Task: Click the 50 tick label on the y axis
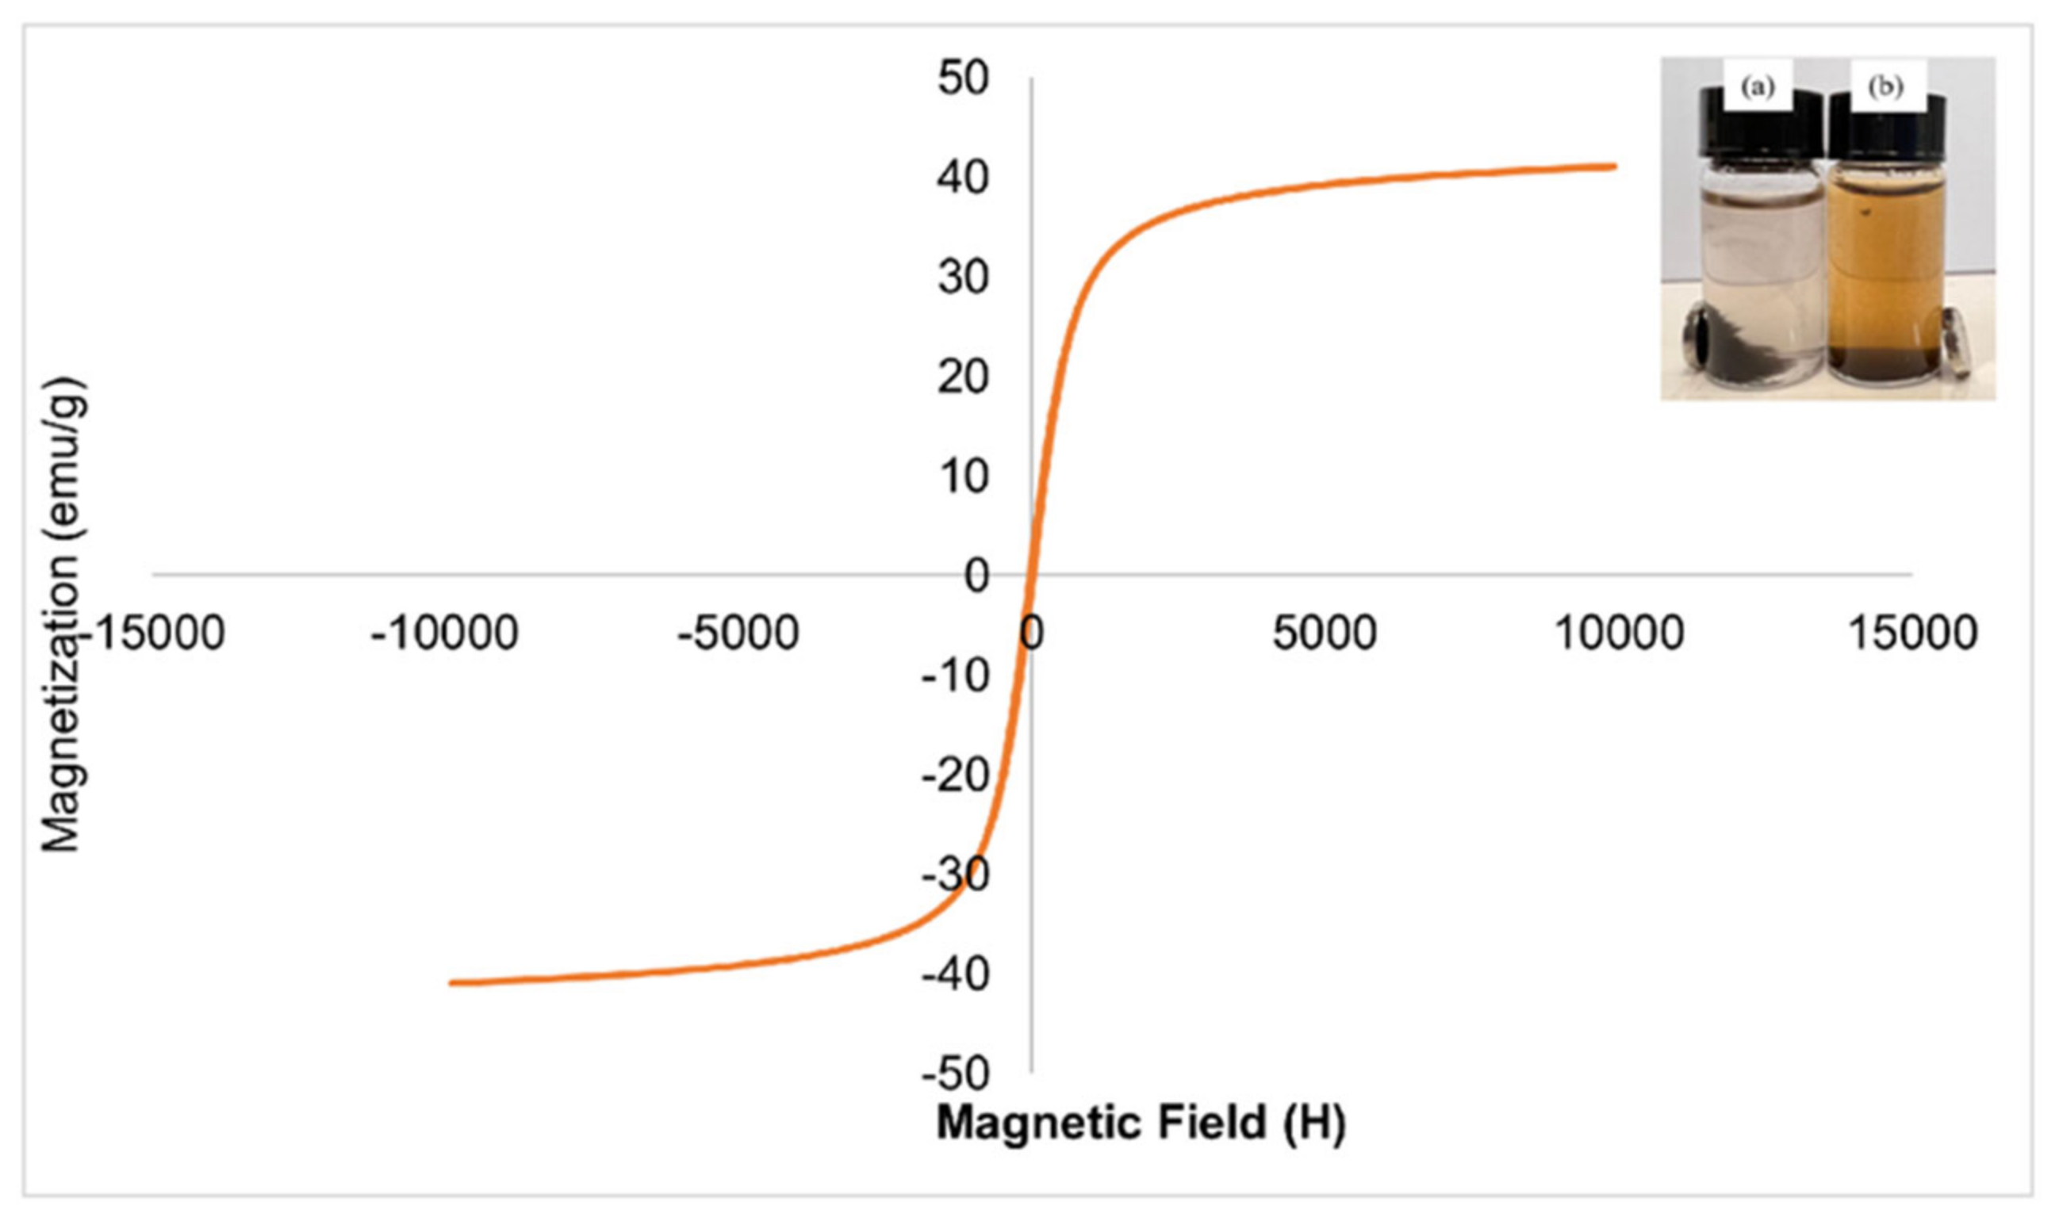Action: (x=963, y=79)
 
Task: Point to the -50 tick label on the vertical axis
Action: (x=955, y=1073)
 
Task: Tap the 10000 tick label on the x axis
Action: (x=1620, y=633)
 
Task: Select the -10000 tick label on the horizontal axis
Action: (x=444, y=633)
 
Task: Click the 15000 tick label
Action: (x=1913, y=633)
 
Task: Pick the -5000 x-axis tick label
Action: (x=738, y=633)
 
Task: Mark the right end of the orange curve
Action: (x=1616, y=166)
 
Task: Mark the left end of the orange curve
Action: (x=451, y=982)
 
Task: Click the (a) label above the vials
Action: (x=1758, y=86)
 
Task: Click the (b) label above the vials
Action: (x=1885, y=86)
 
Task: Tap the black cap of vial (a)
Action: (x=1758, y=132)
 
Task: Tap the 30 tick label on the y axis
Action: (x=963, y=278)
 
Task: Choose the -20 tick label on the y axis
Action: (x=955, y=775)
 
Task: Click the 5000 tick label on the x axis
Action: (x=1324, y=633)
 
